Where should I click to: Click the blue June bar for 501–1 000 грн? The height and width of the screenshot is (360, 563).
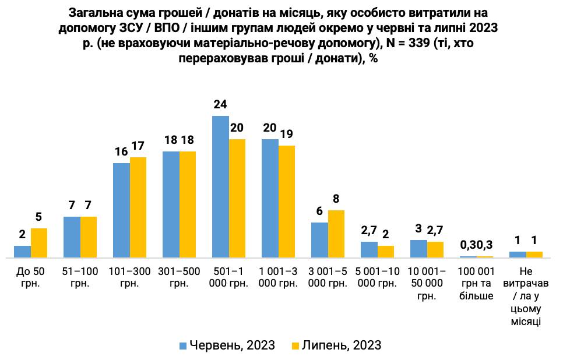click(x=220, y=186)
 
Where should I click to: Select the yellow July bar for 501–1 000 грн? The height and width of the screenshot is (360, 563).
click(x=237, y=198)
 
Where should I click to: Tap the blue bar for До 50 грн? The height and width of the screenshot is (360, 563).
click(x=22, y=252)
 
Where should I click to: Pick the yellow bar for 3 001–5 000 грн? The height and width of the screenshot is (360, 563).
click(x=336, y=234)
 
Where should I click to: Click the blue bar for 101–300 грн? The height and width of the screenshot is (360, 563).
click(x=121, y=210)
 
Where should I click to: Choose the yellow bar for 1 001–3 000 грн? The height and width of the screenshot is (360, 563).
click(x=287, y=201)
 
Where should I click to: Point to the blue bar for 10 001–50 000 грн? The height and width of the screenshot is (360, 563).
click(x=418, y=249)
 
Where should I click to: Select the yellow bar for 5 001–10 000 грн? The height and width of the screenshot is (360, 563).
click(x=386, y=252)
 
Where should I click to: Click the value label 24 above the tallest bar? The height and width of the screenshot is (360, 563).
click(x=220, y=105)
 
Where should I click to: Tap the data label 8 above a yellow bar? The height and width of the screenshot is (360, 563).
click(x=336, y=199)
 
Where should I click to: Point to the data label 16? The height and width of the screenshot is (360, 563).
click(x=121, y=153)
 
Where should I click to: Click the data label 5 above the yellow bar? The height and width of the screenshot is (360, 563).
click(x=38, y=217)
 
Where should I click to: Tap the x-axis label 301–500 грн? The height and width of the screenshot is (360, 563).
click(x=179, y=277)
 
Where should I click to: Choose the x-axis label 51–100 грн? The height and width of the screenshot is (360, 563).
click(x=80, y=277)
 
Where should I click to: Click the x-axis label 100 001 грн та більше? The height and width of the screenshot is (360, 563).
click(x=476, y=283)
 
